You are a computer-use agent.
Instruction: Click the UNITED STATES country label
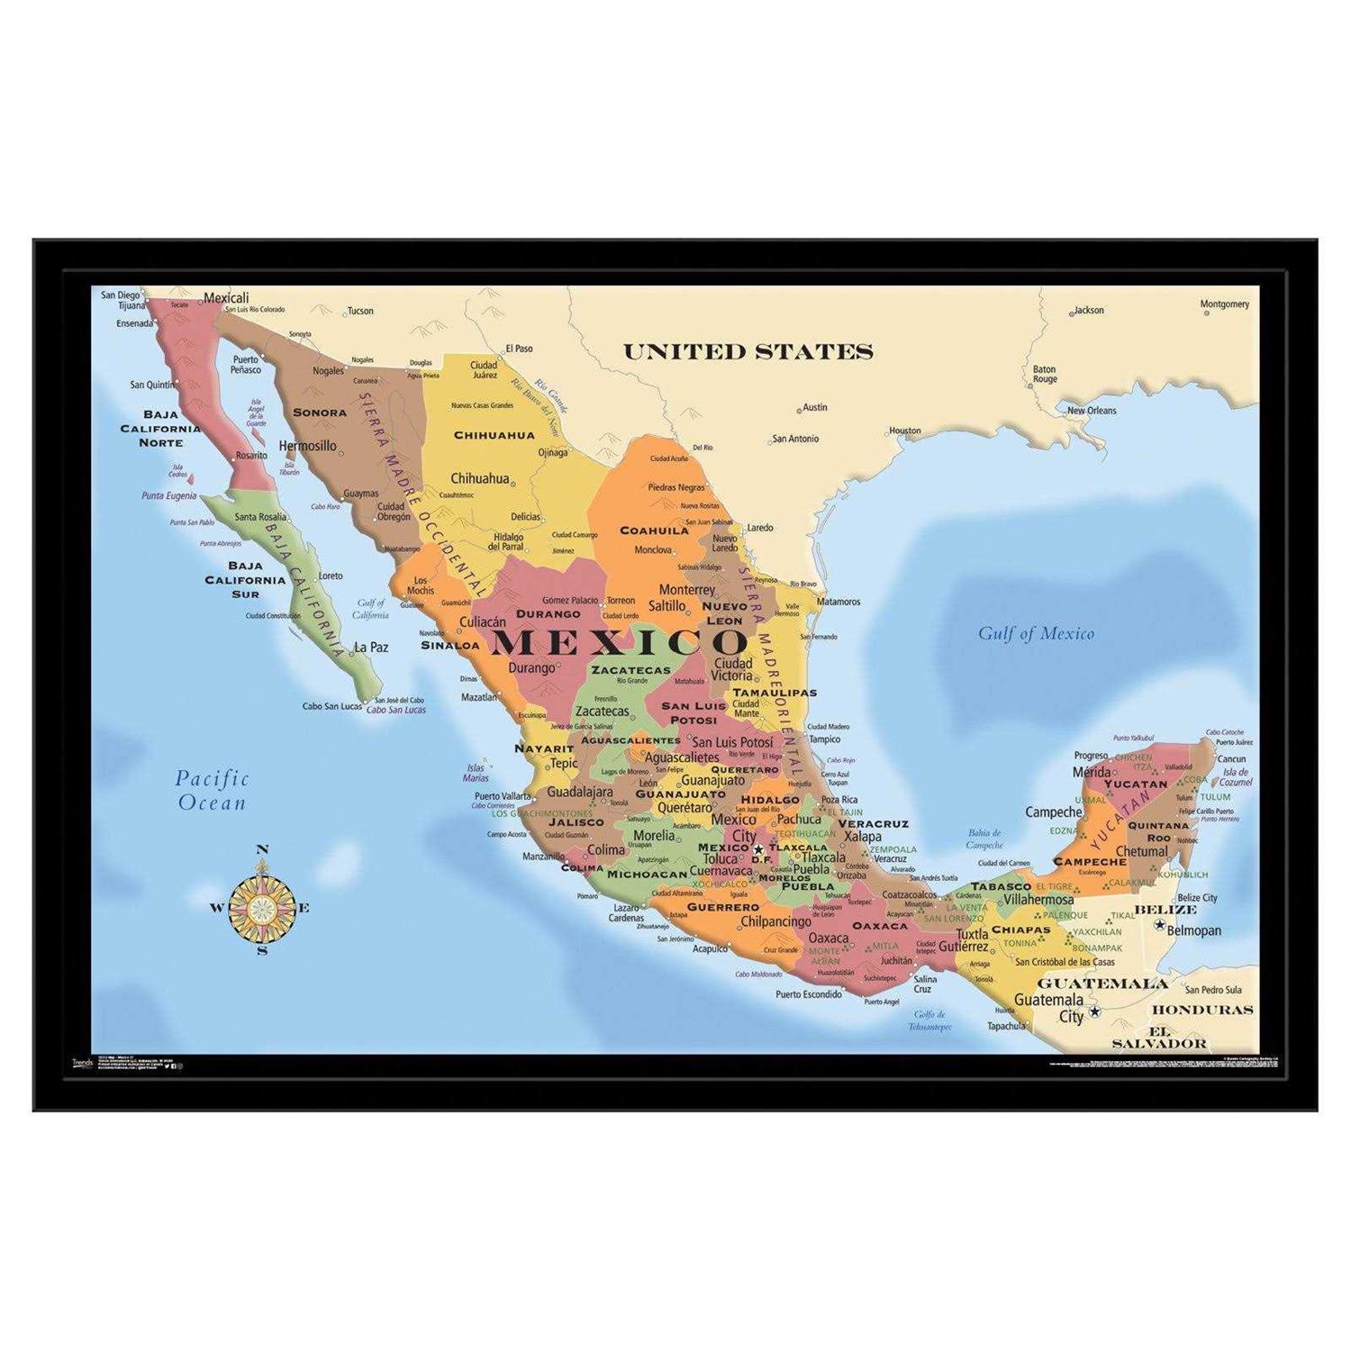tap(748, 351)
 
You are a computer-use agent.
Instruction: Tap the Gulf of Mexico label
tap(1036, 633)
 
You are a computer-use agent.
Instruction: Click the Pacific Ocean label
tap(212, 790)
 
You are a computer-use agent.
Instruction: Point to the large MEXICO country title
tap(620, 642)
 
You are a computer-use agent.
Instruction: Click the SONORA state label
tap(320, 413)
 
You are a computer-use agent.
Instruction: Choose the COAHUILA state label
tap(654, 530)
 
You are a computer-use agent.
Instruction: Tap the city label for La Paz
tap(371, 647)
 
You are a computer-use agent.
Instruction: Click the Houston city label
tap(905, 431)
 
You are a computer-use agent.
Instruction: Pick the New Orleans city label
tap(1092, 411)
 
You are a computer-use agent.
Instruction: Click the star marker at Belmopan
tap(1160, 925)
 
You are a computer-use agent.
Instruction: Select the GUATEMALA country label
tap(1102, 984)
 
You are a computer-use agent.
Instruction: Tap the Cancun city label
tap(1231, 758)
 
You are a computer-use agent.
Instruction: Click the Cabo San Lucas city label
tap(332, 706)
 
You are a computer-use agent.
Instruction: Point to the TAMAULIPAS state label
tap(775, 693)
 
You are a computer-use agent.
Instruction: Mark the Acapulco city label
tap(710, 948)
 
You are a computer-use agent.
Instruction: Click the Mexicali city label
tap(226, 298)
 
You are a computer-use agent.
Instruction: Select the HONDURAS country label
tap(1202, 1010)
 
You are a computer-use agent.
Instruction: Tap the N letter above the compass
tap(262, 849)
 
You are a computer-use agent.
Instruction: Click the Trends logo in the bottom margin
tap(82, 1063)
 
